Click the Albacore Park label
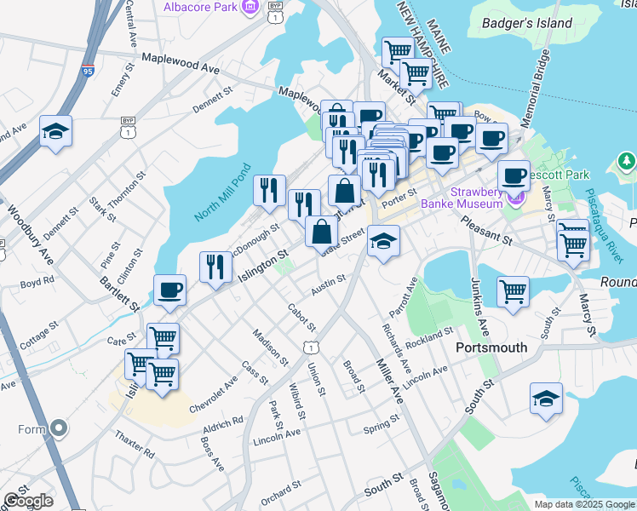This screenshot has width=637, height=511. point(198,8)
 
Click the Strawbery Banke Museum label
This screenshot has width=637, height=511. point(464,198)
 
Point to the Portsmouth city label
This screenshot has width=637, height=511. point(491,347)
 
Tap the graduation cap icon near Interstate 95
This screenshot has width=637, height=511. point(55,132)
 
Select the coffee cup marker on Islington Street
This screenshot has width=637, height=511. point(170,290)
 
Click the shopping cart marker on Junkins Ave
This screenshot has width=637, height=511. point(514,292)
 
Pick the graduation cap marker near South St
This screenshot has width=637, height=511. point(546,398)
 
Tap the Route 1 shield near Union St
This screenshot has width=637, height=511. point(312,347)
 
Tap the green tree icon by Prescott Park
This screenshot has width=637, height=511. point(627,161)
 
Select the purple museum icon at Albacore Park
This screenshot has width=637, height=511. point(250,8)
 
